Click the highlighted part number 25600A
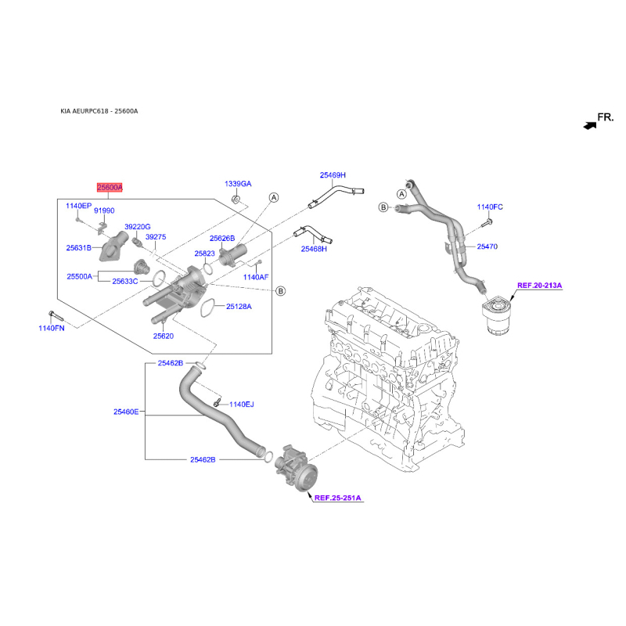tap(110, 188)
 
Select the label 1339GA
tap(238, 184)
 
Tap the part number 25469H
tap(332, 175)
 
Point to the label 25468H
tap(314, 249)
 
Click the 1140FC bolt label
tap(490, 207)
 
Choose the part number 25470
tap(486, 246)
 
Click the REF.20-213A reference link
tap(539, 286)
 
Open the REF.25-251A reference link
tap(339, 497)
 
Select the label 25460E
tap(125, 412)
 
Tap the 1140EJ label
tap(242, 405)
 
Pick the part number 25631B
tap(79, 247)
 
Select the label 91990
tap(104, 210)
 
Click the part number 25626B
tap(222, 238)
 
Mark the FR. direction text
tap(606, 118)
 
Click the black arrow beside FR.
tap(588, 124)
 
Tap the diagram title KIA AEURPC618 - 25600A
tap(99, 111)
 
